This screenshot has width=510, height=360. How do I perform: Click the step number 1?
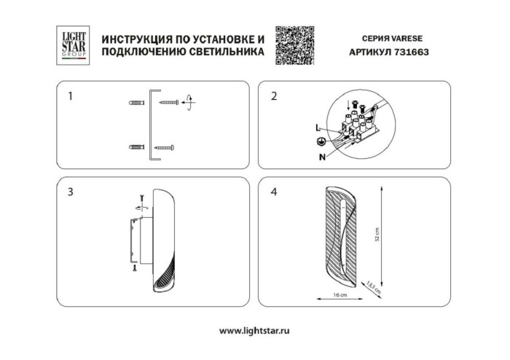[71, 95]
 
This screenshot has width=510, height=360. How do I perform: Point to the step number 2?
[274, 95]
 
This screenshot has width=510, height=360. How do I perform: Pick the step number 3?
[70, 192]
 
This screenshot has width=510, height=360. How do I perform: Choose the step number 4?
[274, 192]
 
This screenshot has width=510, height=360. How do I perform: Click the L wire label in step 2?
[318, 128]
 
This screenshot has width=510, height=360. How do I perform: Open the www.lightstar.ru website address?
[254, 330]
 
